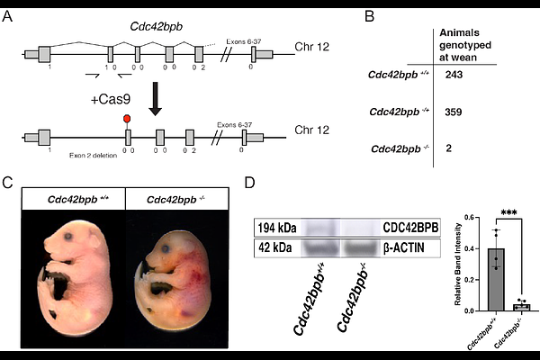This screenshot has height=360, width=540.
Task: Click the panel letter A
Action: pyautogui.click(x=9, y=16)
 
